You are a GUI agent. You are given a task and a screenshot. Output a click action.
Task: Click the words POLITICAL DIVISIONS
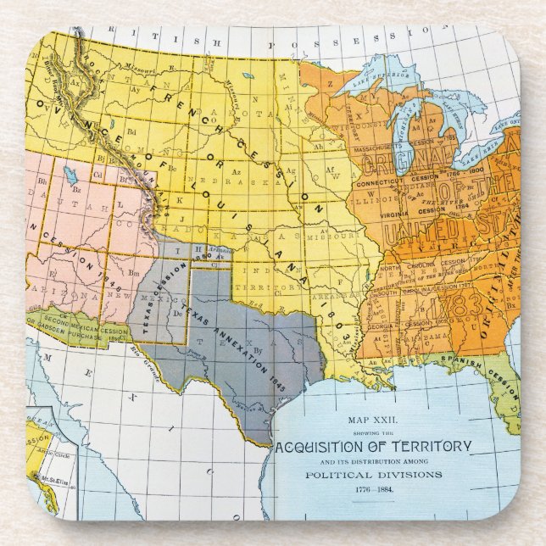click(x=373, y=475)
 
